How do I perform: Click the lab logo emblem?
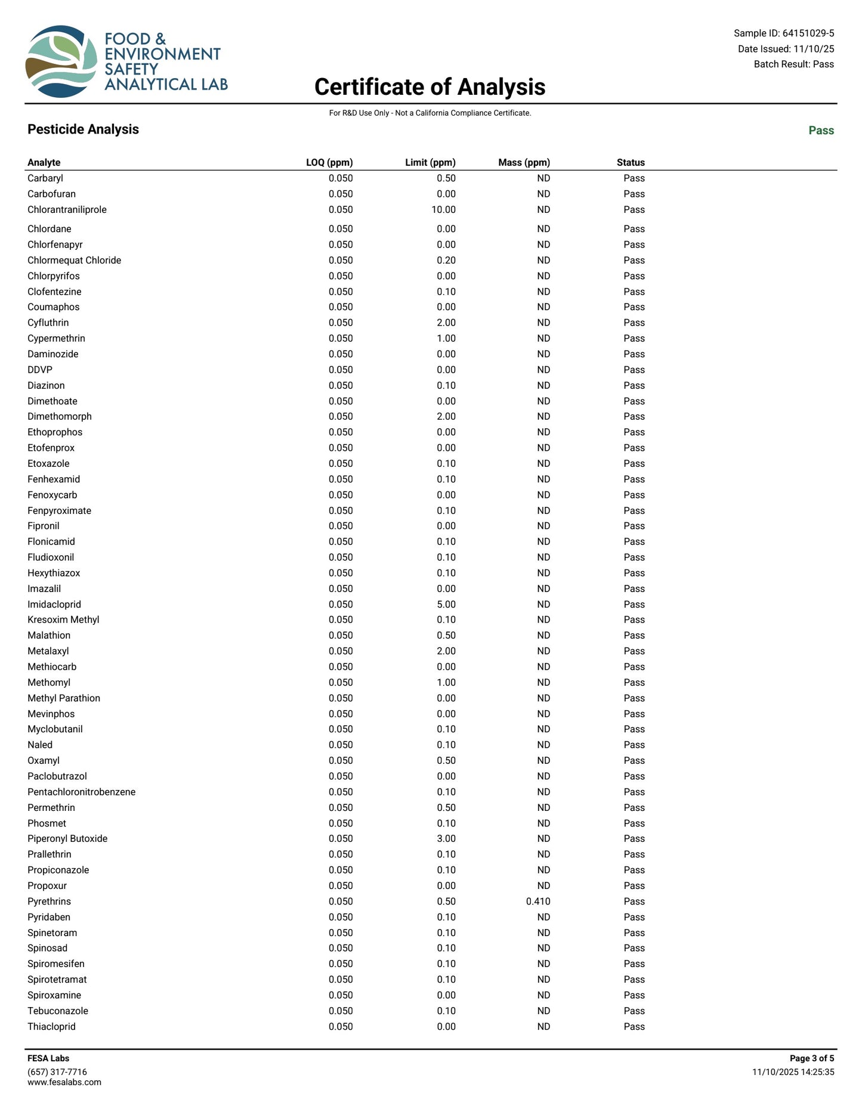[x=61, y=61]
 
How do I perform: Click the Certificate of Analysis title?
[x=430, y=87]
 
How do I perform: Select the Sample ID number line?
[x=783, y=33]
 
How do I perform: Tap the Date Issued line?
[x=786, y=49]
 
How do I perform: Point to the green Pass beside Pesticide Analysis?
[x=821, y=131]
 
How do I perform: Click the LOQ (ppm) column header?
[x=329, y=162]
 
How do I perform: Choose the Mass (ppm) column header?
[x=524, y=162]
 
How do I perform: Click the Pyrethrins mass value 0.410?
[x=538, y=902]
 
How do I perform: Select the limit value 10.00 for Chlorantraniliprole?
[x=443, y=210]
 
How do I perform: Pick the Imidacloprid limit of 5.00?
[x=446, y=605]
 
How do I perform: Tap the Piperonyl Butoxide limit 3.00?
[x=446, y=839]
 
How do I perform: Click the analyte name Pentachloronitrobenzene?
[x=82, y=792]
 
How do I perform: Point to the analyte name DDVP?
[x=40, y=370]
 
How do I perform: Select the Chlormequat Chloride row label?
[x=75, y=261]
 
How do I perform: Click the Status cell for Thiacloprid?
[x=634, y=1027]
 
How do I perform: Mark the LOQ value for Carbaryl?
[x=341, y=178]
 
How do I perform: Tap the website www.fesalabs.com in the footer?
[x=64, y=1082]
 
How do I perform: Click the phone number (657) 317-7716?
[x=57, y=1072]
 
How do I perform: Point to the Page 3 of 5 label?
[x=811, y=1058]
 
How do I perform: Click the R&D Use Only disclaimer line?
[x=430, y=113]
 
